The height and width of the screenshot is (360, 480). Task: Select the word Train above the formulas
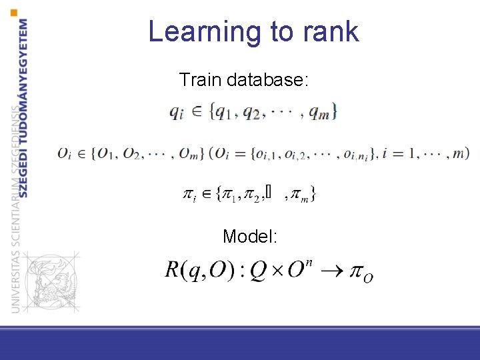click(201, 81)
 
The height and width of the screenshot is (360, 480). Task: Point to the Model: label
click(251, 236)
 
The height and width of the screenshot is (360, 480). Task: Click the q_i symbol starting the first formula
click(177, 113)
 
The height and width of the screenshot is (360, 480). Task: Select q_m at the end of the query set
click(322, 113)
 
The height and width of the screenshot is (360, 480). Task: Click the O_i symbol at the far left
click(65, 154)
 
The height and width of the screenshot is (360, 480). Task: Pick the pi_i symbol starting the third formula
click(189, 194)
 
